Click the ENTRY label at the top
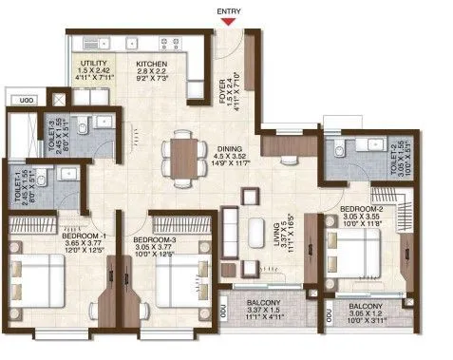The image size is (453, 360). pos(228,11)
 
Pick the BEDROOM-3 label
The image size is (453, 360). pos(153,240)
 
